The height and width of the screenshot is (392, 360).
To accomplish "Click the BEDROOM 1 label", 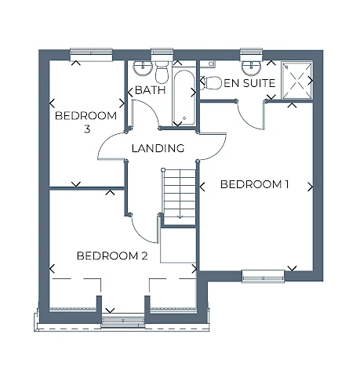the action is (254, 184).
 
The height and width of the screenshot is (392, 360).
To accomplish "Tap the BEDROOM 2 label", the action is (112, 256).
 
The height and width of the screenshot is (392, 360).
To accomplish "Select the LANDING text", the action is (158, 148).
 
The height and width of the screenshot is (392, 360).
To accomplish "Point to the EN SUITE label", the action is (249, 83).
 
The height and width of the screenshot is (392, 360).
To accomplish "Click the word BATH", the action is (151, 90).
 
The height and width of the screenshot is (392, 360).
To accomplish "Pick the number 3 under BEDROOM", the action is (87, 129).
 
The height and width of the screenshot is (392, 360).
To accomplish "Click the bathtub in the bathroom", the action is (184, 97).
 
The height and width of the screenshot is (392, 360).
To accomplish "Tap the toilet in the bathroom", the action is (162, 72).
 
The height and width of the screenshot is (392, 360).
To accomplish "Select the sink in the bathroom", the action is (143, 67).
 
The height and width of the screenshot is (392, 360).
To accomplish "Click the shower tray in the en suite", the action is (297, 80).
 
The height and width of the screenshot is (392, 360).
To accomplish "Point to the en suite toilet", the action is (211, 83).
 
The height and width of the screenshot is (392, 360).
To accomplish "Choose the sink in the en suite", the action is (251, 67).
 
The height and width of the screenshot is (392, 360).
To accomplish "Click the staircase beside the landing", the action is (179, 197).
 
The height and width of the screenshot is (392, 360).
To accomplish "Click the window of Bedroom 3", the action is (91, 55).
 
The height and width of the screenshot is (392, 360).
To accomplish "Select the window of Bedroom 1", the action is (263, 277).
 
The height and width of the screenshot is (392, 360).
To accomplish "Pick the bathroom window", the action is (162, 55).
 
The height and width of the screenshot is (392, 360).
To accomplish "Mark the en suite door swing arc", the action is (249, 117).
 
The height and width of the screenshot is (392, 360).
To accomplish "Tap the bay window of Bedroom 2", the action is (123, 321).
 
